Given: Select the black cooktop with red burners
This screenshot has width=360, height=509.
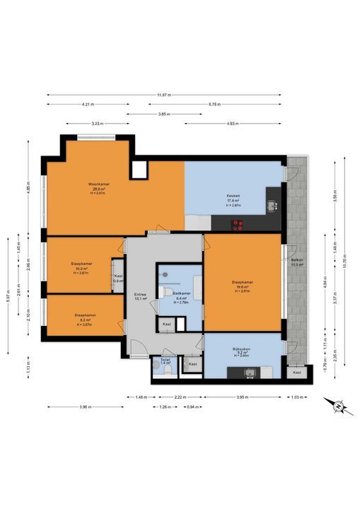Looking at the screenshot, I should tap(238, 226).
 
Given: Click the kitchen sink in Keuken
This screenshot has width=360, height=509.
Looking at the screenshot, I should tap(272, 206).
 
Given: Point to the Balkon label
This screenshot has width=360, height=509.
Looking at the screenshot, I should tap(297, 261).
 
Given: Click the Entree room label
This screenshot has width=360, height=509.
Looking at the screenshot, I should tap(140, 296).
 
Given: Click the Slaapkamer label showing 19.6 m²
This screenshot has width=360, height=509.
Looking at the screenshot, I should tap(242, 285).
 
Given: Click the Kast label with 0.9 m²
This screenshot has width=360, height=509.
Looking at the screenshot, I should tap(118, 279).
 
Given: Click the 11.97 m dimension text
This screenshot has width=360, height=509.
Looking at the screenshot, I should tap(164, 95).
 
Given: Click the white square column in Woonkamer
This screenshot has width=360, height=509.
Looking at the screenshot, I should tap(139, 170).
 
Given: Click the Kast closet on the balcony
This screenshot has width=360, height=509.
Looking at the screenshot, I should tap(297, 372).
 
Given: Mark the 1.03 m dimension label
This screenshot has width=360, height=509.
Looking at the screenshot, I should tap(297, 397).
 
